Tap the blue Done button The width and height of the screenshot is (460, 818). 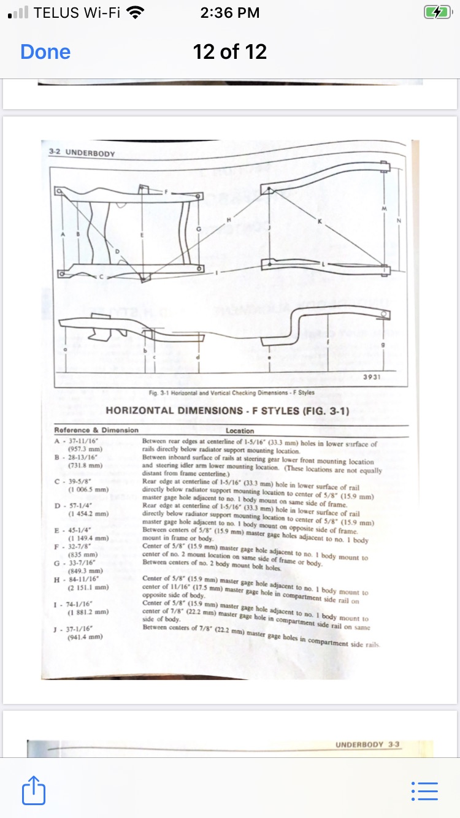pos(45,52)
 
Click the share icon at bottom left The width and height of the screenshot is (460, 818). pos(34,790)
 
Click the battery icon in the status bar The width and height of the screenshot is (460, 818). pos(432,13)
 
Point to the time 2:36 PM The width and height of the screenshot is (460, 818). pos(230,13)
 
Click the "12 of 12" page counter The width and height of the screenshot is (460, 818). pos(230,52)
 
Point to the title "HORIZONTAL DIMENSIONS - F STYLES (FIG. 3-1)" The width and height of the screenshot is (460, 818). pos(228,410)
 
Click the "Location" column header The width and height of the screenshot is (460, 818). pos(244,430)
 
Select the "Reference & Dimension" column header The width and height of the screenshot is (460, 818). pos(96,430)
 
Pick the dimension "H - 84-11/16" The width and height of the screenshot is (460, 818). pos(77,578)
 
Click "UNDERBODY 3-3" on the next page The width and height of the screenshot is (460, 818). pos(367,744)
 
